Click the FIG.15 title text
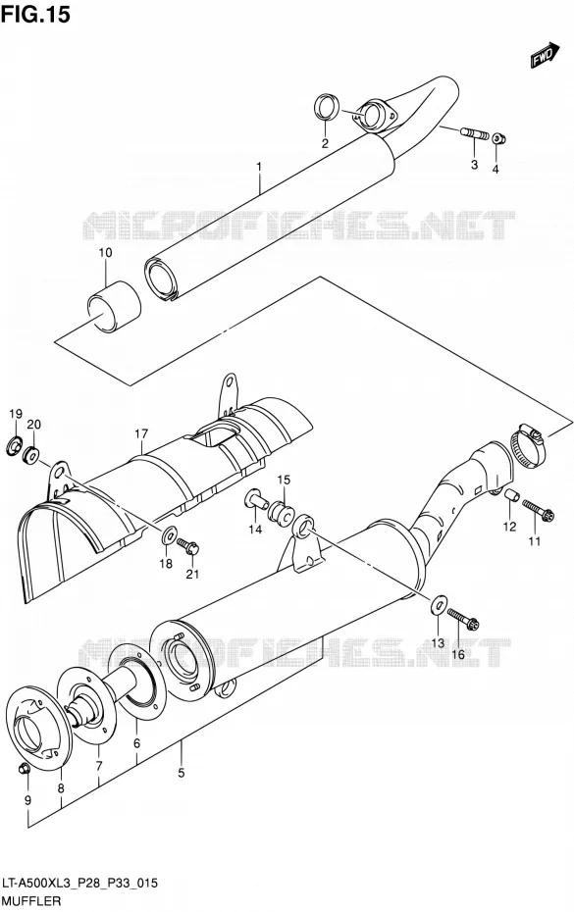(35, 14)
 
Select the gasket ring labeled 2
(327, 108)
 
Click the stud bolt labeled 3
(476, 134)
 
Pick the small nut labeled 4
(498, 139)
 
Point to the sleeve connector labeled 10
(115, 308)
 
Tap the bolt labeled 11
(539, 510)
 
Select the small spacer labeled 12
(510, 498)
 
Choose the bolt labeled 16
(463, 619)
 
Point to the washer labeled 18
(169, 533)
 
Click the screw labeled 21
(188, 545)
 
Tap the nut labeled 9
(26, 769)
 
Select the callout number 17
(141, 433)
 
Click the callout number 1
(259, 168)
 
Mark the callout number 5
(182, 773)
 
